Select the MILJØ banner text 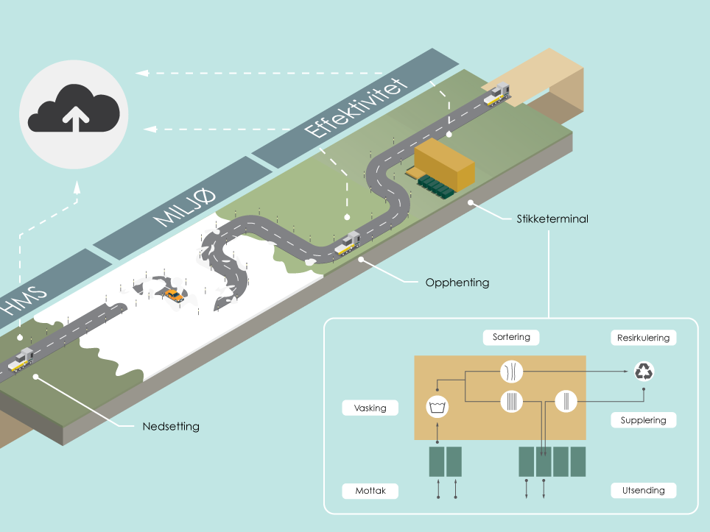pos(185,208)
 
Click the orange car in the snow pos(175,295)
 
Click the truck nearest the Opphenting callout pos(347,243)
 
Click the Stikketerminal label pos(551,219)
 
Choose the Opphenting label pos(457,282)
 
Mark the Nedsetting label pos(170,426)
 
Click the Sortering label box pos(511,337)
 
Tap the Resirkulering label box pos(643,338)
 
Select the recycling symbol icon pos(644,372)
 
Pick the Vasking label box pos(370,408)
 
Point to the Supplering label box pos(643,420)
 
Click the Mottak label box pos(370,490)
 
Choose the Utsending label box pos(643,490)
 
